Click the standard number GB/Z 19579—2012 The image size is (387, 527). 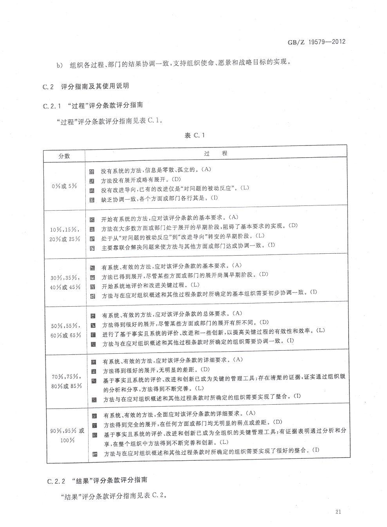tap(317, 42)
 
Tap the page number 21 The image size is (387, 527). tap(339, 511)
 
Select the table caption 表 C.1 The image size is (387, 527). tap(195, 135)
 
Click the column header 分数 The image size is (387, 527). tap(64, 156)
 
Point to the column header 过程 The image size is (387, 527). tap(216, 154)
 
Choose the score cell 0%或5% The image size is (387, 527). tap(64, 186)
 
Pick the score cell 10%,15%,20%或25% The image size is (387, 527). tap(65, 234)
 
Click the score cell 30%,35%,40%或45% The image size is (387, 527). tap(65, 282)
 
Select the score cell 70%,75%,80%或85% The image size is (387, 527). tap(67, 381)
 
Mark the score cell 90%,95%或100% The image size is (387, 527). tap(67, 435)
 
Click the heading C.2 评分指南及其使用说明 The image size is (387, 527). tap(86, 87)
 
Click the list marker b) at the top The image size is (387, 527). tap(60, 65)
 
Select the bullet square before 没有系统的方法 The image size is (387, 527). tap(92, 171)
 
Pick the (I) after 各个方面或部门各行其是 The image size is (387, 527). tap(214, 198)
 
